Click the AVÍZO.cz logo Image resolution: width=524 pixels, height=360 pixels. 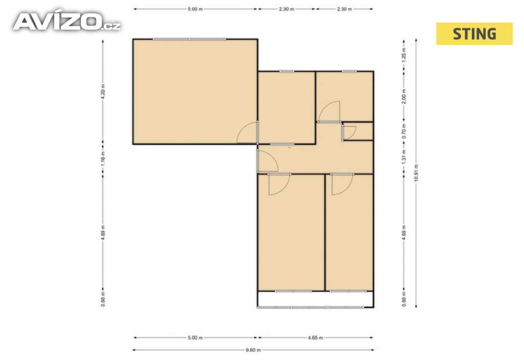tap(67, 22)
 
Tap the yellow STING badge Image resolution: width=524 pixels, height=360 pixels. tap(474, 34)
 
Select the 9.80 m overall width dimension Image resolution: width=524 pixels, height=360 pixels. tap(253, 350)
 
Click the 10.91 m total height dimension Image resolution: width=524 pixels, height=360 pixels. tap(416, 173)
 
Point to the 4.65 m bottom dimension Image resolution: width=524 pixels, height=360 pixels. tap(315, 337)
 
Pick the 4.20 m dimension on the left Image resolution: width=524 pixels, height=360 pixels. tap(103, 91)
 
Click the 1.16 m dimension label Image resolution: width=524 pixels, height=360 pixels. tap(103, 159)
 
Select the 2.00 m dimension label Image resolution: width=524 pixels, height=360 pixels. tap(404, 96)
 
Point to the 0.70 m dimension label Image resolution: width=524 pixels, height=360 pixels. tap(404, 131)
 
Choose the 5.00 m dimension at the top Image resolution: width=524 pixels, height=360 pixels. tap(195, 9)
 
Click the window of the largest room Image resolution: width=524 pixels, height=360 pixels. tap(189, 39)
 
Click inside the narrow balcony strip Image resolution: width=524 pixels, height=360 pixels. tap(315, 299)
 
